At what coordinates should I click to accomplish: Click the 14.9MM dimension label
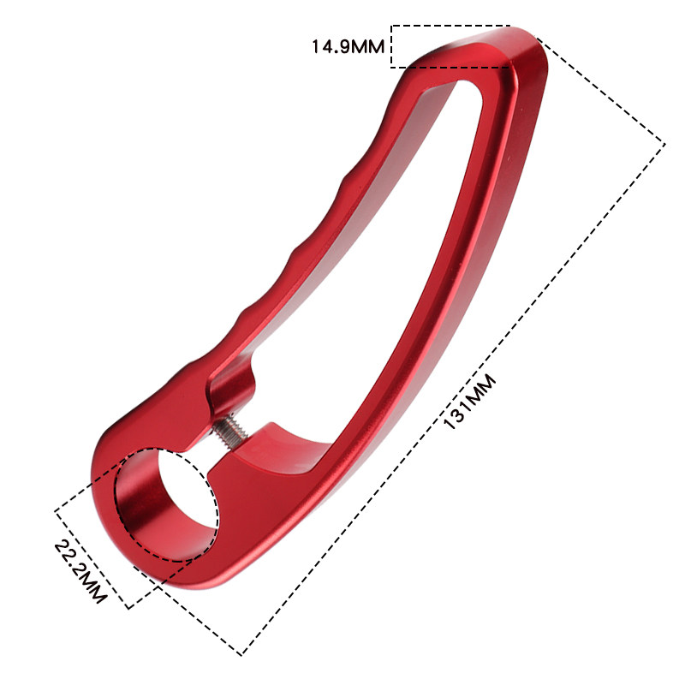coord(348,46)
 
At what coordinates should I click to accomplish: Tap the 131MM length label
coord(469,402)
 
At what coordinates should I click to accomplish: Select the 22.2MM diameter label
coord(80,572)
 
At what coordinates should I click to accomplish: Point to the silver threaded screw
coord(230,432)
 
